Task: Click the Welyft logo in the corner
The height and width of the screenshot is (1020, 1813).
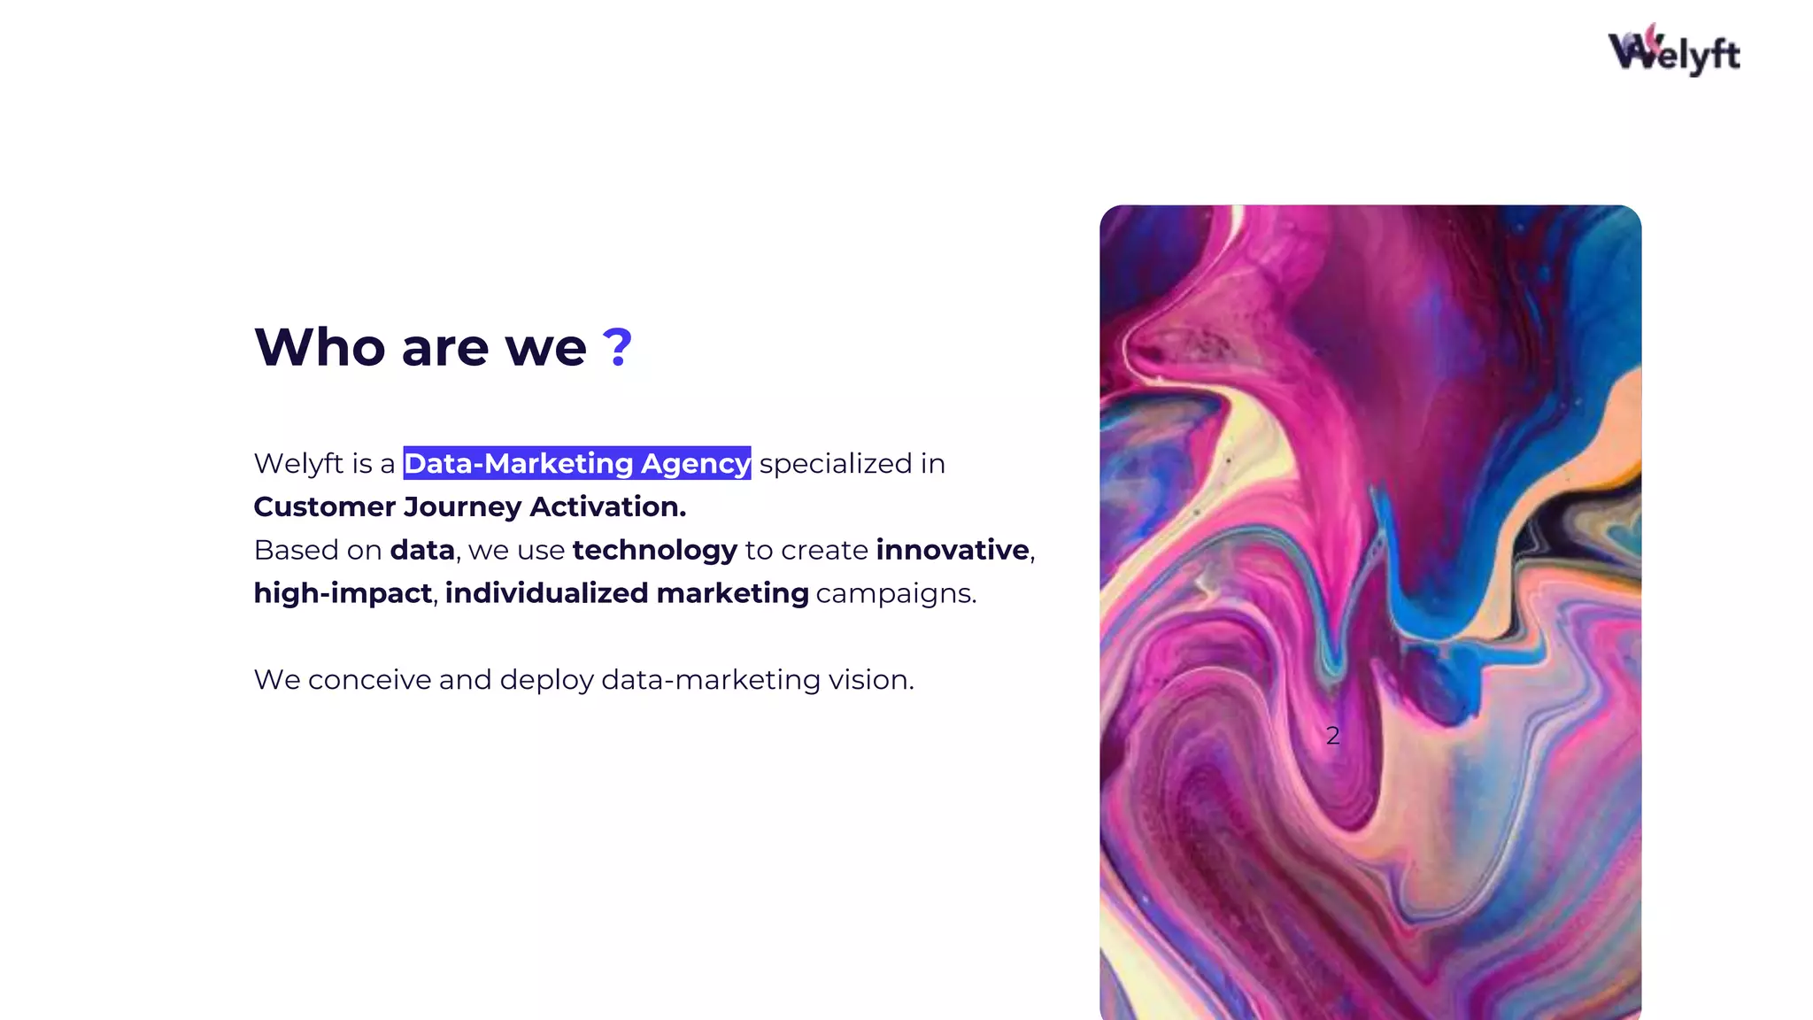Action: (x=1673, y=51)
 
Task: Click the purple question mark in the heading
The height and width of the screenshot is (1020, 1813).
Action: (x=617, y=347)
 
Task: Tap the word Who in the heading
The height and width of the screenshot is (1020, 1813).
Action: (x=320, y=347)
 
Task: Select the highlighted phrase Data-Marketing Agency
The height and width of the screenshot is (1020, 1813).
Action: (x=576, y=463)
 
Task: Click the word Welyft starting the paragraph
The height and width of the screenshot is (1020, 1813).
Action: (x=298, y=464)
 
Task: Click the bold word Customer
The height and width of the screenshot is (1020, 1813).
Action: (x=324, y=506)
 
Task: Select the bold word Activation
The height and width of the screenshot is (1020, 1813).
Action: (x=607, y=506)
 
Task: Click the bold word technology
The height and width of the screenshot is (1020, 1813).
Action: (x=654, y=551)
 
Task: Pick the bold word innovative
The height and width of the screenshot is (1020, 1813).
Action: (x=953, y=550)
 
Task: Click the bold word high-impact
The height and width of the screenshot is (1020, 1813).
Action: (x=343, y=593)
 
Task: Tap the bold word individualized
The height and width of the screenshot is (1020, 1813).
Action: (x=547, y=593)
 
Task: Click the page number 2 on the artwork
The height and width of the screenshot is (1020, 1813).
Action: (x=1332, y=736)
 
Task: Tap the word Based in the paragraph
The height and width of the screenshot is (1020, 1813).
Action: (x=297, y=550)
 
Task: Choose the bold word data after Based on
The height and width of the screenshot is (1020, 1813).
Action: (x=422, y=550)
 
